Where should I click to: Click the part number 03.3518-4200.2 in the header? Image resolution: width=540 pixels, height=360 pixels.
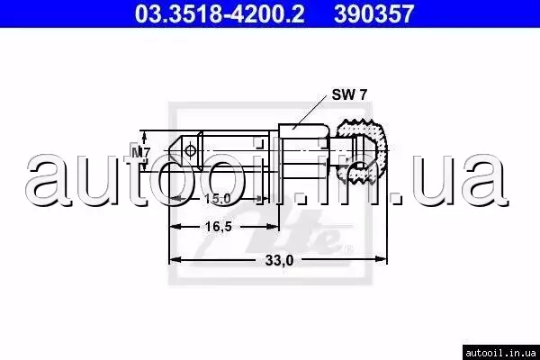point(220,13)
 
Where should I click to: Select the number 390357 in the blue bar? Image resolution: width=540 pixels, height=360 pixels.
point(374,13)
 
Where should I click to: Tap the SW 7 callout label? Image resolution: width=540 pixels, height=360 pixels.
point(349,94)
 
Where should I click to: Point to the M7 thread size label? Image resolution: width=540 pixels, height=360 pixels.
point(141,152)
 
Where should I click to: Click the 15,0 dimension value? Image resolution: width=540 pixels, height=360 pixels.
point(218,199)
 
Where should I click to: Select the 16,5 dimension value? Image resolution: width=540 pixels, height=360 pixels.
point(219,226)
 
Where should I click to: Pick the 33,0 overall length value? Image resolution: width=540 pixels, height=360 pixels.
point(279,260)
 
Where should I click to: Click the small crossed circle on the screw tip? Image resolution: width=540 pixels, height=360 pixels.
point(190,150)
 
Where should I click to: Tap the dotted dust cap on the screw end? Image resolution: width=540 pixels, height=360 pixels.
point(363,151)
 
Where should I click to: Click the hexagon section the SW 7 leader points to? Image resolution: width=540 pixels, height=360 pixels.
point(304,151)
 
